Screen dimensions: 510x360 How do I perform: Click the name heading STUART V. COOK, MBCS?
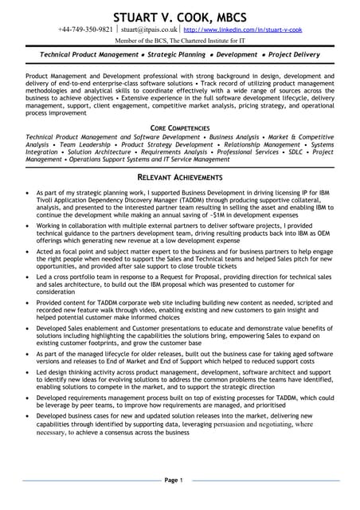pyautogui.click(x=180, y=16)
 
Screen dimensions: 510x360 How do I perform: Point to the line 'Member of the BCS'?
pyautogui.click(x=179, y=40)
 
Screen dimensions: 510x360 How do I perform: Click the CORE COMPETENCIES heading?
pyautogui.click(x=180, y=127)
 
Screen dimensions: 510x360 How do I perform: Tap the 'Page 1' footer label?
pyautogui.click(x=174, y=480)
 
